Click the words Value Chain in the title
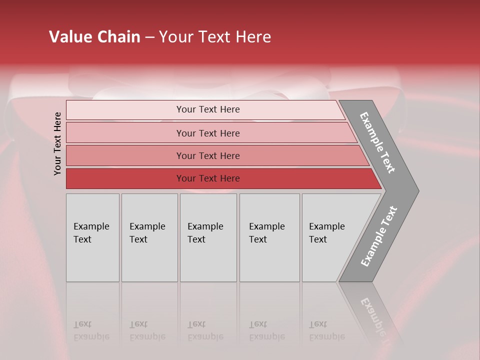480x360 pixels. pos(94,37)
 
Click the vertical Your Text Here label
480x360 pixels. pos(57,143)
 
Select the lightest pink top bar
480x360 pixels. pos(125,110)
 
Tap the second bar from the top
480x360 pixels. pos(125,133)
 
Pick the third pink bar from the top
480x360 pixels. pos(125,155)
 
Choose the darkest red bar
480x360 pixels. pos(125,178)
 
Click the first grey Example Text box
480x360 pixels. pos(92,237)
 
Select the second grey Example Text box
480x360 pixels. pos(149,237)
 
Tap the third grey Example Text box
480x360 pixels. pos(208,237)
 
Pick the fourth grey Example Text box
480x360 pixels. pos(269,237)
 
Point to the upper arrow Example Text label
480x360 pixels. pos(377,142)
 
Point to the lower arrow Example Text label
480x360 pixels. pos(378,236)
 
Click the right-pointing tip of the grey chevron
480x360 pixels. pos(416,190)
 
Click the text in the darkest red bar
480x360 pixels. pos(208,178)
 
